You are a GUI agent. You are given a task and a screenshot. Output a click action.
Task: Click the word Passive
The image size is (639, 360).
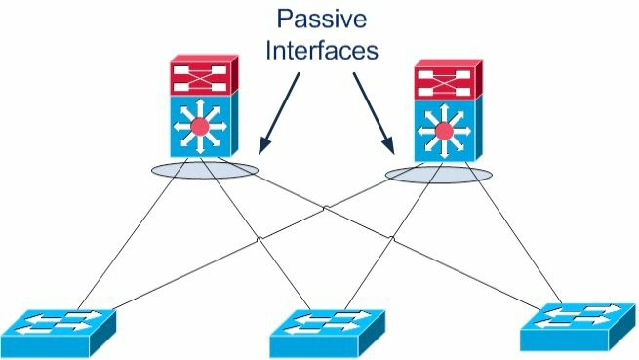tap(322, 19)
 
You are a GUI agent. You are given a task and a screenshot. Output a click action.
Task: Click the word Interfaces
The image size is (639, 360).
tap(322, 50)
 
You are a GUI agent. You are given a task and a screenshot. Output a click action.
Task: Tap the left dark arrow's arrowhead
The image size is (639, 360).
tap(264, 145)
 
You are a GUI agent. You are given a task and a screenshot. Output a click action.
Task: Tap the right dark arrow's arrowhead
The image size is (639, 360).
tap(388, 145)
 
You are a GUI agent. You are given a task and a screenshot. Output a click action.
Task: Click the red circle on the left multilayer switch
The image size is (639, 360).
tap(200, 127)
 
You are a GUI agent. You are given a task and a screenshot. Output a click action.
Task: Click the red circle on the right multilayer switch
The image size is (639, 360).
tap(444, 132)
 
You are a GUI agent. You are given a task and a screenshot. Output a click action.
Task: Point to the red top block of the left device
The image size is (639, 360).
tap(204, 75)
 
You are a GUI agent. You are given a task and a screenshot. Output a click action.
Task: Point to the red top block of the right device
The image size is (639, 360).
tap(449, 80)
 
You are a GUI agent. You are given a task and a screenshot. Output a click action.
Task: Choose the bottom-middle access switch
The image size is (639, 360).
tap(327, 334)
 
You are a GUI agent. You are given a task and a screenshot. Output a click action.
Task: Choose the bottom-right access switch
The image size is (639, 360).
tap(578, 327)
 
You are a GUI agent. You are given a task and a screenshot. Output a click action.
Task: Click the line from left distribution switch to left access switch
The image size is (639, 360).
tap(133, 233)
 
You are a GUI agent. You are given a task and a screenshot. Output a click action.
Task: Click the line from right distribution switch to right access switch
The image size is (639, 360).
tap(514, 233)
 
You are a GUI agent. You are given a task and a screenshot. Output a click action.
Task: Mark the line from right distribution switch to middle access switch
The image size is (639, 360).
tap(393, 236)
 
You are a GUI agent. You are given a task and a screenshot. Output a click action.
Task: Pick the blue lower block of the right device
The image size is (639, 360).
tap(449, 131)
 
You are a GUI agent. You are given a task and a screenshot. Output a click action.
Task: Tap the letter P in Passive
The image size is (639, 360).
tap(285, 19)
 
